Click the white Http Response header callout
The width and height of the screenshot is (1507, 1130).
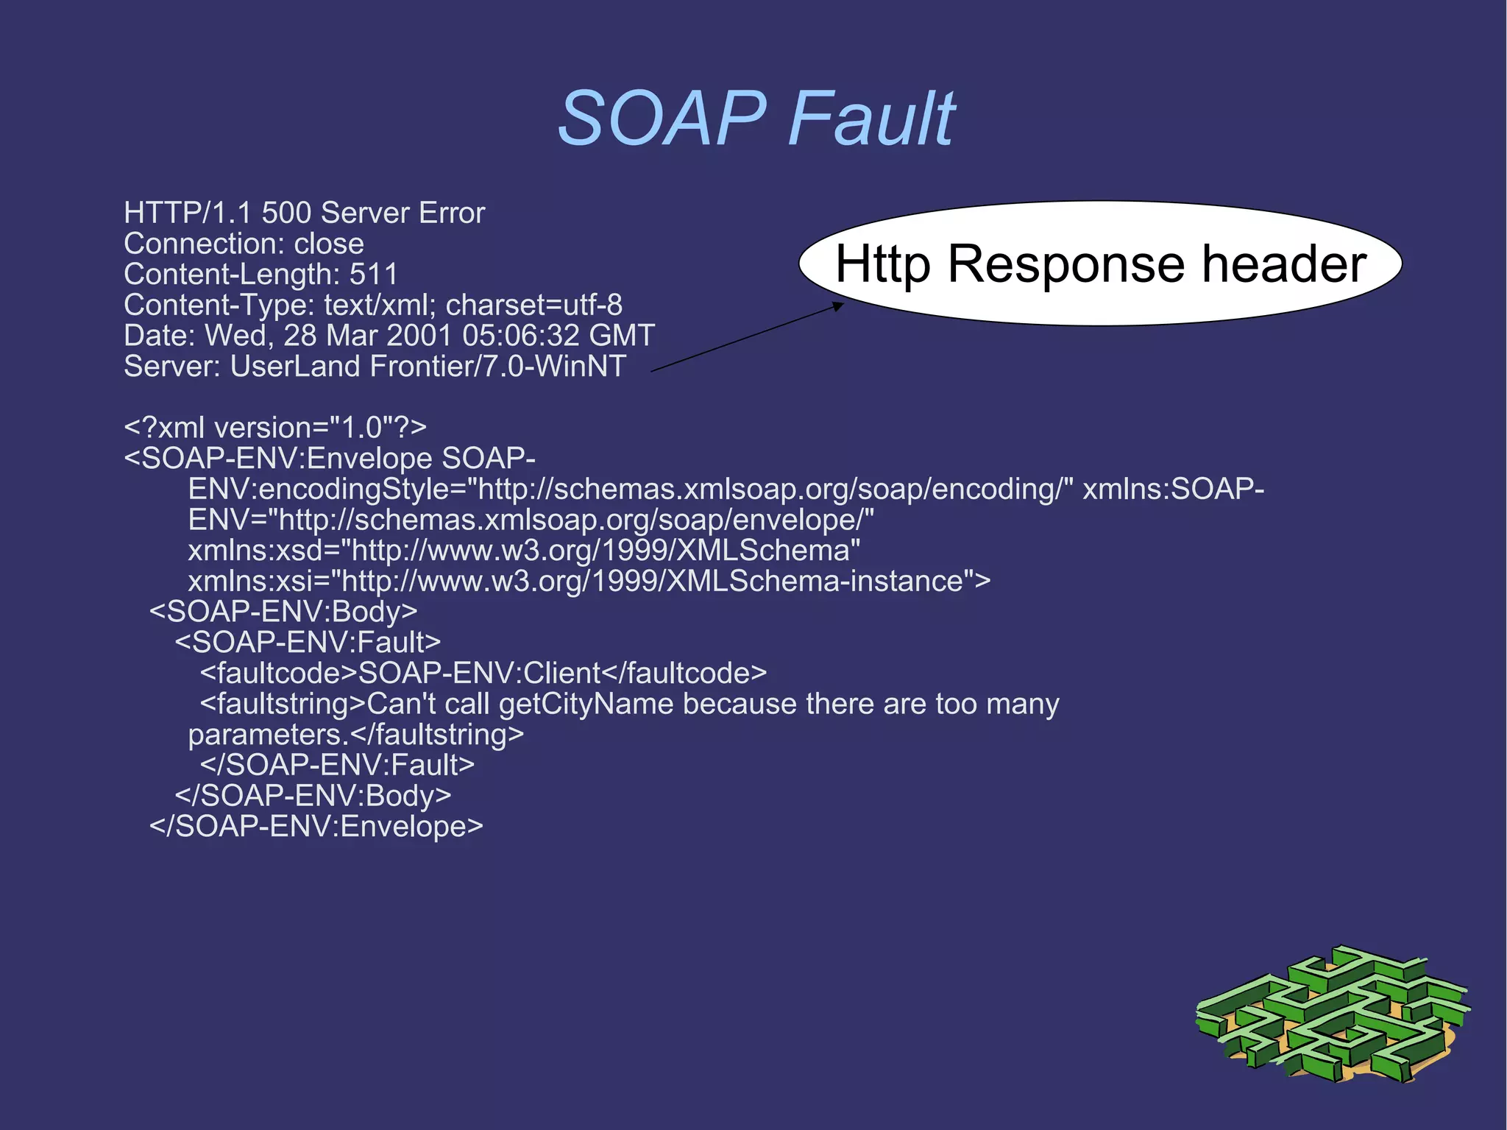coord(1100,263)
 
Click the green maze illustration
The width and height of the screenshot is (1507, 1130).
coord(1333,1014)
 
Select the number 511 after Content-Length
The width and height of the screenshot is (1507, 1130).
coord(373,275)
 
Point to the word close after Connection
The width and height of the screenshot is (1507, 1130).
coord(329,244)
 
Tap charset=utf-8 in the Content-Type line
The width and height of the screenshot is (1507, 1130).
coord(534,305)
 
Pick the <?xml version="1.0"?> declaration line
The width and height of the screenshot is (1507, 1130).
coord(275,428)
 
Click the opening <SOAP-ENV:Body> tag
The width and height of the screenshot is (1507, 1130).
coord(283,612)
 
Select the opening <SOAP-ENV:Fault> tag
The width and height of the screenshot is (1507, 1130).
coord(308,643)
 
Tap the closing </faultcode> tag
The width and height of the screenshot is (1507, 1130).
coord(684,674)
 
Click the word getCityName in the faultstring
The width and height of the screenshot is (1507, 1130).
coord(586,704)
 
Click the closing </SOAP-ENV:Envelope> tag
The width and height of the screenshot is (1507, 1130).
coord(316,827)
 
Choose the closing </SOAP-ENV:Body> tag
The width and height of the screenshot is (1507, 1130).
coord(313,796)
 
